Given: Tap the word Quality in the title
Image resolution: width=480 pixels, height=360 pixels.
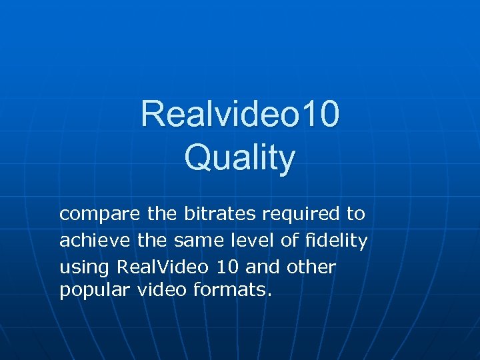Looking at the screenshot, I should pyautogui.click(x=240, y=158).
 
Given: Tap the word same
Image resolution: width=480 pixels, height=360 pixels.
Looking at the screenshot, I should pyautogui.click(x=197, y=240).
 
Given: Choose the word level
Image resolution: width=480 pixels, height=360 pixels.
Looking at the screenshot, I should pyautogui.click(x=254, y=240).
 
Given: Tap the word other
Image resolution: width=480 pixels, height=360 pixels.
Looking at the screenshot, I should pyautogui.click(x=311, y=266).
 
